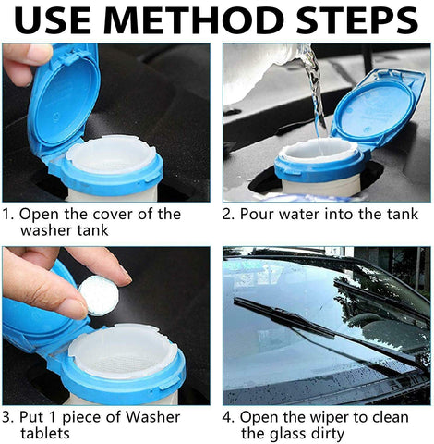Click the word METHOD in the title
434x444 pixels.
pyautogui.click(x=196, y=20)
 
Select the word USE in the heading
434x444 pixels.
pyautogui.click(x=55, y=20)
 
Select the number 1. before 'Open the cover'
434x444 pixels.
pyautogui.click(x=8, y=215)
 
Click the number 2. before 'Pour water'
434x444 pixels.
pyautogui.click(x=228, y=215)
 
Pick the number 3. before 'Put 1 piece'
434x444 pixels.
pyautogui.click(x=8, y=417)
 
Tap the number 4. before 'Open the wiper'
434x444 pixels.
pyautogui.click(x=228, y=417)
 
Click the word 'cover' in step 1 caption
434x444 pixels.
pyautogui.click(x=113, y=215)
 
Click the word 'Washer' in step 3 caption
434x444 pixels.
pyautogui.click(x=152, y=417)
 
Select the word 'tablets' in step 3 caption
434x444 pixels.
pyautogui.click(x=45, y=433)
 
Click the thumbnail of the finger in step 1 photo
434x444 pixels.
pyautogui.click(x=39, y=53)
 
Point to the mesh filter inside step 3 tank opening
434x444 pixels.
pyautogui.click(x=123, y=361)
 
